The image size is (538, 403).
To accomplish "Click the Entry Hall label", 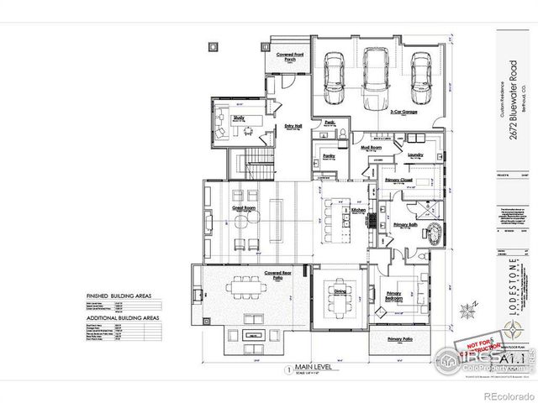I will coord(293,126).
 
